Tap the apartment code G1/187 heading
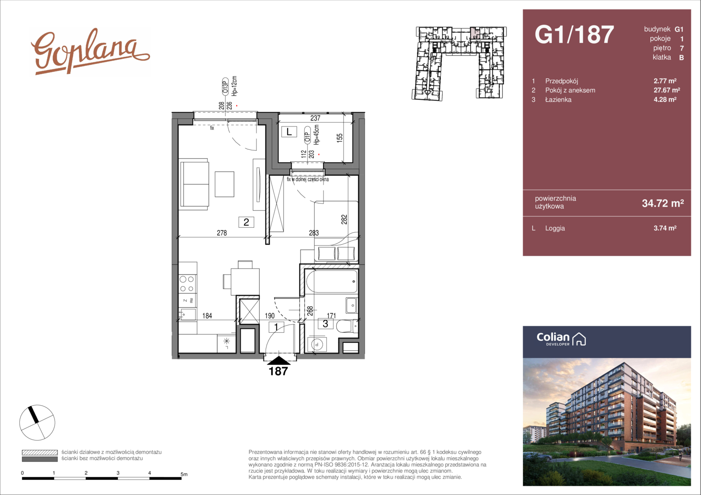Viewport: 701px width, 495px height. click(x=574, y=34)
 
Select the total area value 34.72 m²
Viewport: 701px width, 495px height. click(x=663, y=203)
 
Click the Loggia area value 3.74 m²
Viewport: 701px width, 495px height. click(x=665, y=228)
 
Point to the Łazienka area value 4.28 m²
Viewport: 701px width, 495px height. click(x=665, y=99)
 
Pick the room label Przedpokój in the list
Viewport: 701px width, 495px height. click(x=562, y=81)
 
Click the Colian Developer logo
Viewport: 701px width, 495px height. click(x=561, y=339)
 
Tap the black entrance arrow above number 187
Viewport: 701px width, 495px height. click(x=278, y=360)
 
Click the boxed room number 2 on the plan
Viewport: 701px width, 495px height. click(x=246, y=222)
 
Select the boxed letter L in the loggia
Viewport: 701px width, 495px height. click(x=289, y=132)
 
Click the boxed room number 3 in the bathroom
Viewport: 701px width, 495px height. click(x=325, y=324)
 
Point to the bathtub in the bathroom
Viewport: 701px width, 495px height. click(x=332, y=281)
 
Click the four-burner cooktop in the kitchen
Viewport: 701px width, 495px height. click(x=187, y=284)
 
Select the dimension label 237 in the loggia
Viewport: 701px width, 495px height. click(x=315, y=118)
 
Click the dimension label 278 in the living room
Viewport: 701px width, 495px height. click(x=222, y=233)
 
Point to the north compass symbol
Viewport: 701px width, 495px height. click(x=37, y=423)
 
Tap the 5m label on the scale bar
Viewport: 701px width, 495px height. click(x=184, y=474)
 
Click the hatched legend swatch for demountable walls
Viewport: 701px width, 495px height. click(x=40, y=452)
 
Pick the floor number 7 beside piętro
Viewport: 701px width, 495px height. click(x=682, y=49)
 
